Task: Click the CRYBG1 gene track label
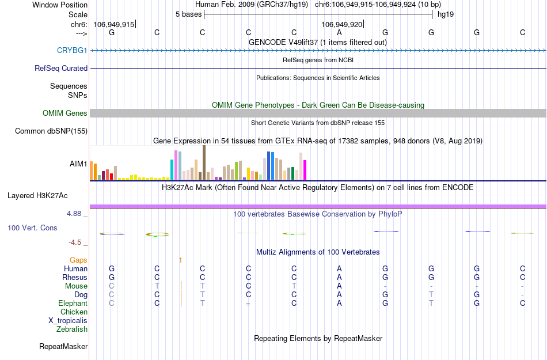coord(72,51)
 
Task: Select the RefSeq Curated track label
coord(61,68)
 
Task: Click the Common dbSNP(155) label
coord(51,131)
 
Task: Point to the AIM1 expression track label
coord(78,164)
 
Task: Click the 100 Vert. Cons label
coord(32,228)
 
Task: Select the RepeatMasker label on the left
coord(63,347)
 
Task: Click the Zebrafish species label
coord(72,329)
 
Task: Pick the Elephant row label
coord(73,304)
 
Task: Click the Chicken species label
coord(74,312)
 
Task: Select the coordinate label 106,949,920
coord(342,24)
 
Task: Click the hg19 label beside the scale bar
coord(446,14)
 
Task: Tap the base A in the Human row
coord(340,269)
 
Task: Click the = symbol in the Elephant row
coord(248,304)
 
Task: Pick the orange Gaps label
coord(78,260)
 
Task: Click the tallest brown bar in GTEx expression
coord(204,162)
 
